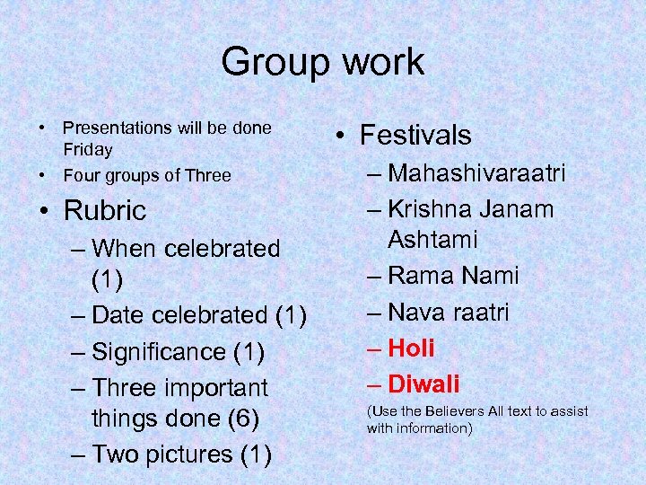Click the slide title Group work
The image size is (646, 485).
point(322,62)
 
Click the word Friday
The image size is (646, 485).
point(88,150)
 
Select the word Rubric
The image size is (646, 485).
point(104,210)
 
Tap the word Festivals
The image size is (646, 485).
point(415,135)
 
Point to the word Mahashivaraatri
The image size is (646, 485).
point(477,173)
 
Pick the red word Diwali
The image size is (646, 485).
point(423,384)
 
